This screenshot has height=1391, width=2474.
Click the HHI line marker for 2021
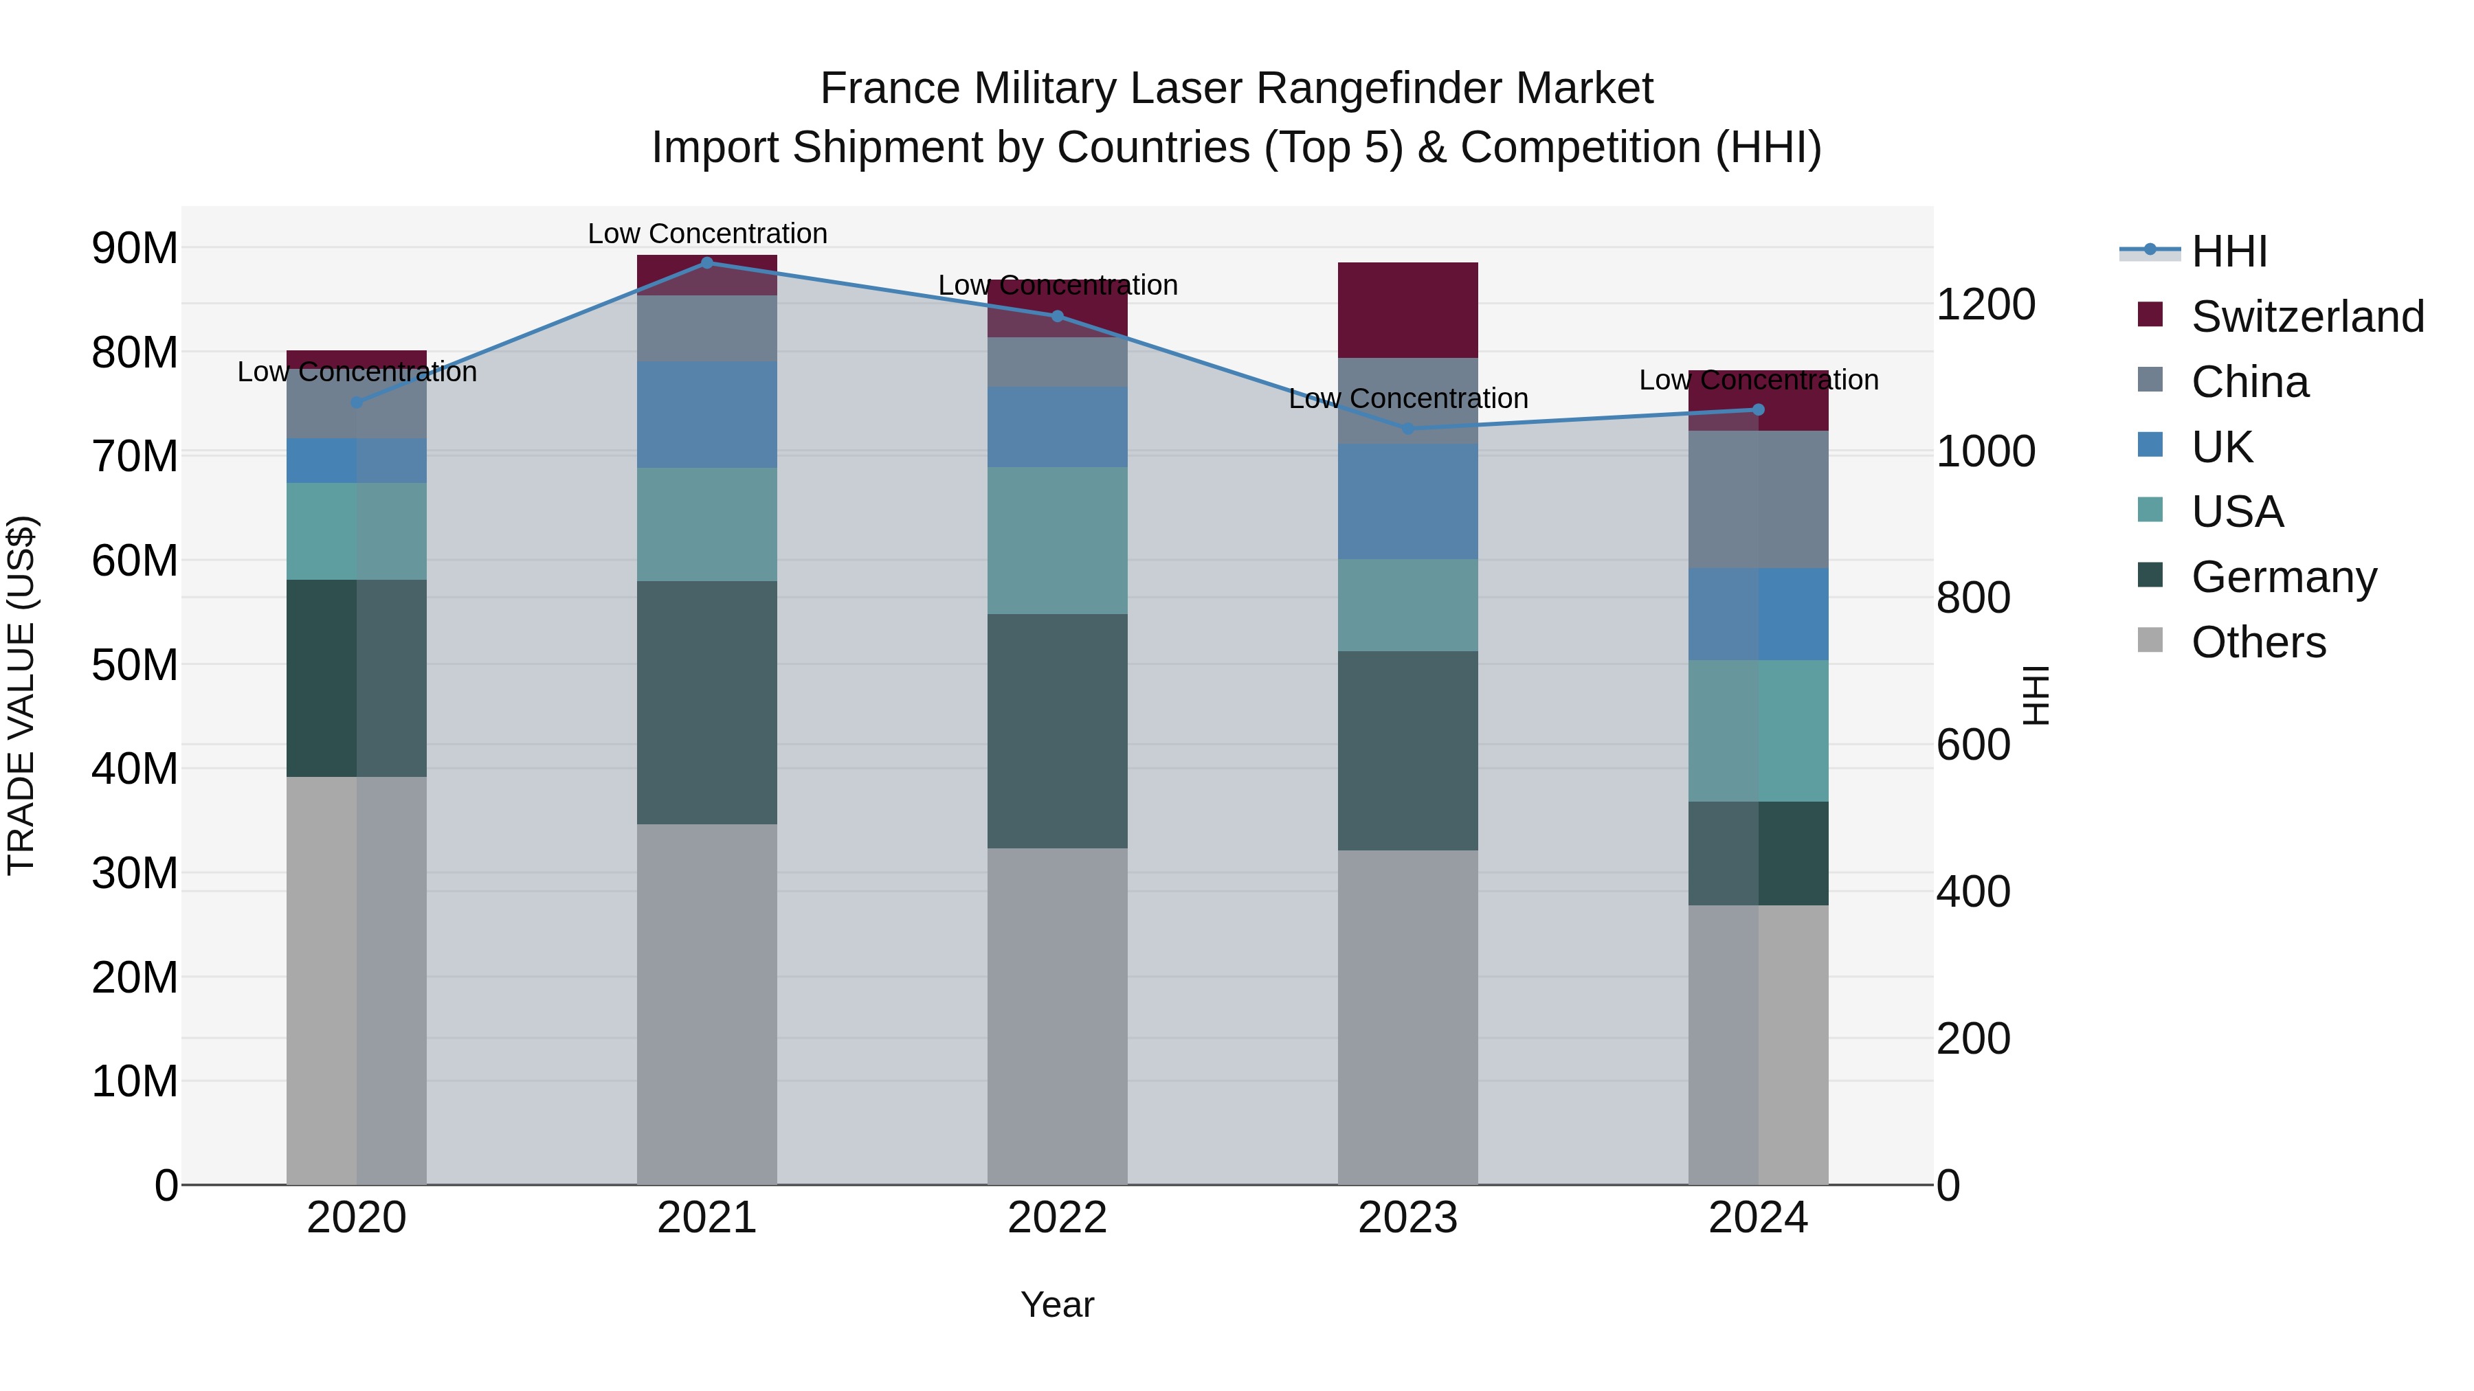tap(707, 262)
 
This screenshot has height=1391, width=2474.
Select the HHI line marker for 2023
tap(1408, 428)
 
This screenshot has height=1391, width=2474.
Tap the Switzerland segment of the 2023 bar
tap(1408, 309)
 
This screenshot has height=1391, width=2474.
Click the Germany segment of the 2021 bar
tap(707, 702)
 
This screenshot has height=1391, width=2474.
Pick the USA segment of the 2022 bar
tap(1058, 541)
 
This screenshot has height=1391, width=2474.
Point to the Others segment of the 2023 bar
tap(1408, 1017)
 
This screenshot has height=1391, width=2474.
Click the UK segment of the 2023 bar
tap(1408, 501)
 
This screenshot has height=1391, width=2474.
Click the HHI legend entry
tap(2228, 251)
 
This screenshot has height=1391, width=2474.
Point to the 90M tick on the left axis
tap(135, 249)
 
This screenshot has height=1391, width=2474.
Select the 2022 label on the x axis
tap(1058, 1218)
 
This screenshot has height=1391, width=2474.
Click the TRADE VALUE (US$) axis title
tap(21, 695)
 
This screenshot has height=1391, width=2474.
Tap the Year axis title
tap(1058, 1304)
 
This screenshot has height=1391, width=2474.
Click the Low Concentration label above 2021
tap(707, 234)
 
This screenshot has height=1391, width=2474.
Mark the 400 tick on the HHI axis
tap(1972, 892)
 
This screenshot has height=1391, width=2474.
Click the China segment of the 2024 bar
tap(1759, 499)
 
